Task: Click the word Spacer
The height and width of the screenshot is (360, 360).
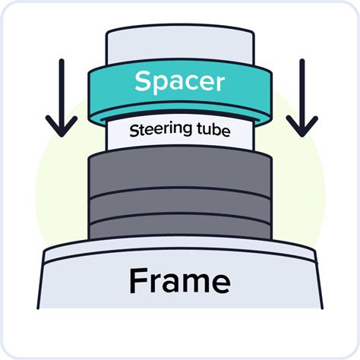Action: (x=179, y=82)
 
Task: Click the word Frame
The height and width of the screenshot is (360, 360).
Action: (x=180, y=281)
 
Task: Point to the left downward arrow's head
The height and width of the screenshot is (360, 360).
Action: (x=62, y=126)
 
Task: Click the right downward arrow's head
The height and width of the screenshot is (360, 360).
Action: (x=302, y=126)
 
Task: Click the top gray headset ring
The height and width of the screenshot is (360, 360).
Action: (x=180, y=173)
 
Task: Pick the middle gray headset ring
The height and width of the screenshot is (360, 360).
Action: (x=180, y=206)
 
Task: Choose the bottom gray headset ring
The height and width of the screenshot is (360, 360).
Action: (x=180, y=228)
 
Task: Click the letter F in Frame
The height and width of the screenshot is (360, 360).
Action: (x=138, y=281)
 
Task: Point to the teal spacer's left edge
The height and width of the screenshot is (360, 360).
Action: (x=89, y=96)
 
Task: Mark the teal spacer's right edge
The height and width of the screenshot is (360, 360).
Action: (x=271, y=96)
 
